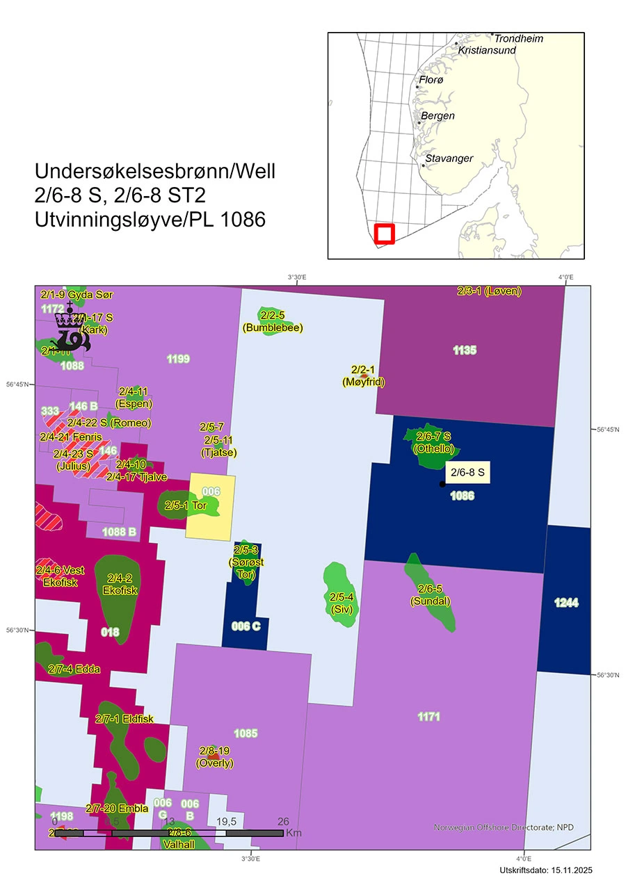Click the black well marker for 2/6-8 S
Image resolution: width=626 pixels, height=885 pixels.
coord(442,484)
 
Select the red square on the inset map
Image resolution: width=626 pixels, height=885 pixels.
coord(384,234)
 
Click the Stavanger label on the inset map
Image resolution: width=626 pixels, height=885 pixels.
coord(449,159)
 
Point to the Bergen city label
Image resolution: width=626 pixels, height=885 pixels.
coord(438,115)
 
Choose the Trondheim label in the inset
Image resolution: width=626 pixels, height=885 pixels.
coord(518,38)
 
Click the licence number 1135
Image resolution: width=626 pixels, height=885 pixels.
coord(465,350)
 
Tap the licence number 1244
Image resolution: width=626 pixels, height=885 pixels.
coord(567,603)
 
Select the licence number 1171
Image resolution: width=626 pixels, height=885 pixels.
coord(428,716)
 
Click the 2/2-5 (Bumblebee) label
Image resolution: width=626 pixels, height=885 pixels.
coord(272,321)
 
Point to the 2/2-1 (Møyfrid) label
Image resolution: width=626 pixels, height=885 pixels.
coord(364,375)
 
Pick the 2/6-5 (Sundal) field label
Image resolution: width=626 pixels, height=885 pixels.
coord(430,594)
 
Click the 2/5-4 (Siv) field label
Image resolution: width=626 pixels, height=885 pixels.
coord(342,603)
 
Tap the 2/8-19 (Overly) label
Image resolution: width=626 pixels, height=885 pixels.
coord(214,757)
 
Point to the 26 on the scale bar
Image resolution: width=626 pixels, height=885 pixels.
coord(283,821)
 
